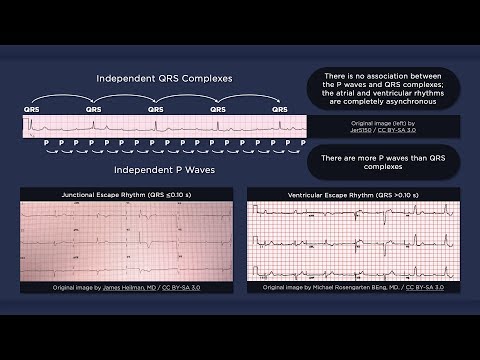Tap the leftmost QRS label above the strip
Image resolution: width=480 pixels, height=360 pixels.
[x=33, y=109]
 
